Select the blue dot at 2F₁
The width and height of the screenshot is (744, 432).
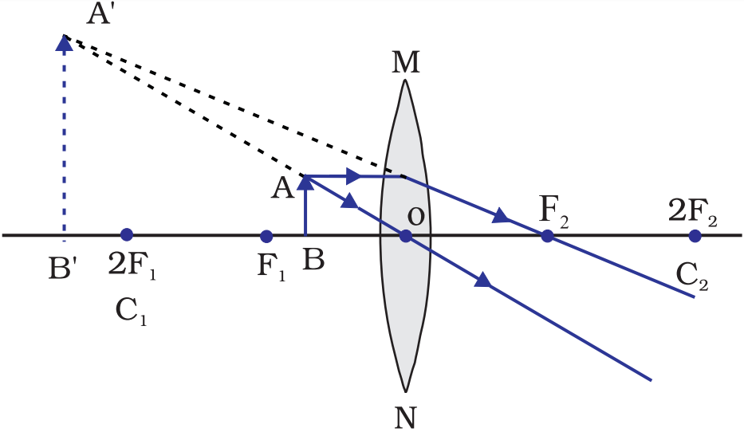[x=126, y=235]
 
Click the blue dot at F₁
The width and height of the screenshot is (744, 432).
[x=266, y=236]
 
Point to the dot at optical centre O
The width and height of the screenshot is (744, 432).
[x=405, y=236]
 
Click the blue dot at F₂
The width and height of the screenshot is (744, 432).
[x=547, y=236]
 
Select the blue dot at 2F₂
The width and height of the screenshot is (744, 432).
[x=695, y=236]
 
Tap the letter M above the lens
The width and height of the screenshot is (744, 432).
[x=406, y=64]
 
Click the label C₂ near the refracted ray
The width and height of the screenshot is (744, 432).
[x=691, y=277]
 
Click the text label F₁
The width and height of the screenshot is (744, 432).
[x=270, y=264]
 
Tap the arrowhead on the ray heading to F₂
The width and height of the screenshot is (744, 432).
[x=501, y=216]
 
